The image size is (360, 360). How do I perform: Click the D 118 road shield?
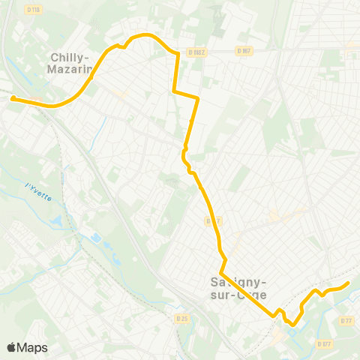[x=32, y=10]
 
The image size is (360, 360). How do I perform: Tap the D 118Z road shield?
[x=196, y=52]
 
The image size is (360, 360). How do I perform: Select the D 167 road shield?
[x=242, y=51]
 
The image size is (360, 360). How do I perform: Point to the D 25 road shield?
[x=181, y=319]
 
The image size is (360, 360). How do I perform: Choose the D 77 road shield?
[x=346, y=321]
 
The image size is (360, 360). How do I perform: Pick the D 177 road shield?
[x=323, y=344]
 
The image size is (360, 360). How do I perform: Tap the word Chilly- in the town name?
[x=70, y=57]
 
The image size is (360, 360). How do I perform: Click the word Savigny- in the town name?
[x=235, y=283]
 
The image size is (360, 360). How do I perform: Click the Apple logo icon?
[x=12, y=347]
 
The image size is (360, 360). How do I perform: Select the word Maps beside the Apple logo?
[x=32, y=347]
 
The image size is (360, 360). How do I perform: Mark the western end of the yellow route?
[x=13, y=97]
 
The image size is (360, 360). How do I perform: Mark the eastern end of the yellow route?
[x=348, y=283]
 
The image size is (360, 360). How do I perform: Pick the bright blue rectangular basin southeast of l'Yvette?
[x=95, y=238]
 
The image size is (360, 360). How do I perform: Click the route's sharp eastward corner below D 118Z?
[x=175, y=91]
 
